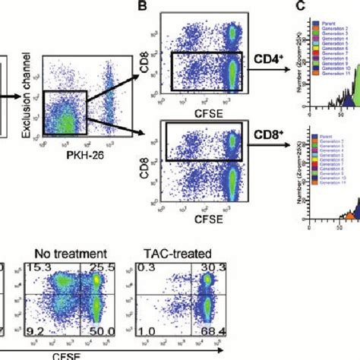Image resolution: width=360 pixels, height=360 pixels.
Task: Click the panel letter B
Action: point(141,6)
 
